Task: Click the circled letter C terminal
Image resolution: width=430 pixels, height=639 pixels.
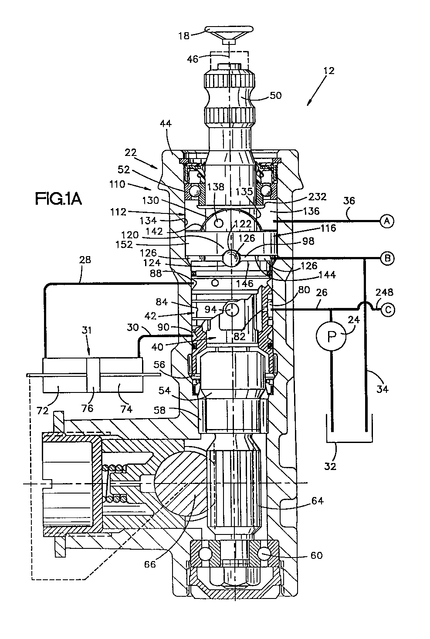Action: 387,310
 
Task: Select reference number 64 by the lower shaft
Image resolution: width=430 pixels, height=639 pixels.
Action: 317,501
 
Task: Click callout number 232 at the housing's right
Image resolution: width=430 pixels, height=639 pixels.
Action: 317,196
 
